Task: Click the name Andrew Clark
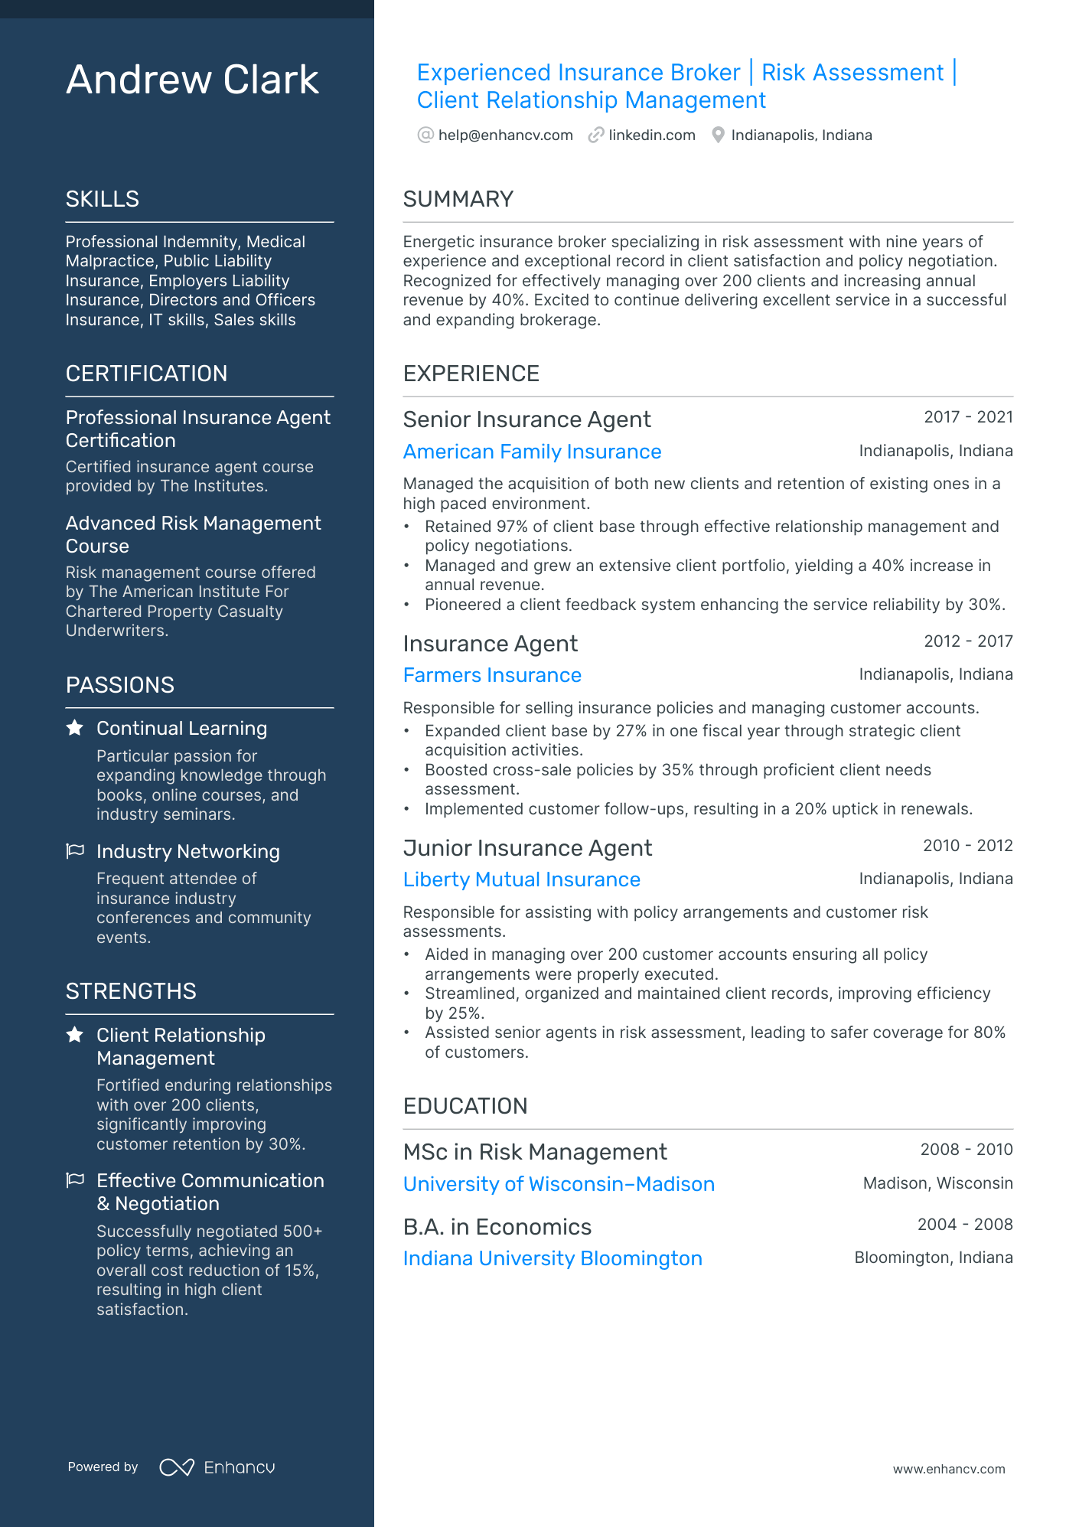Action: click(x=192, y=80)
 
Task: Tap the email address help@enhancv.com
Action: click(x=505, y=135)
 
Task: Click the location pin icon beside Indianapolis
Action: click(x=718, y=135)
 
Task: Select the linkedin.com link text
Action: click(x=651, y=135)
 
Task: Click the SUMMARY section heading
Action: click(x=458, y=199)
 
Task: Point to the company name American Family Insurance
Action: click(x=532, y=452)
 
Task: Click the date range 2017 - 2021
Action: click(x=968, y=417)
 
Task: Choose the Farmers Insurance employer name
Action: click(x=492, y=675)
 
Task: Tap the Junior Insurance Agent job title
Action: click(x=527, y=848)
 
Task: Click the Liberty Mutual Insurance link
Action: click(x=521, y=879)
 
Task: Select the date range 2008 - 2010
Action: click(x=966, y=1150)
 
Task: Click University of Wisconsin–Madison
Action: click(x=559, y=1184)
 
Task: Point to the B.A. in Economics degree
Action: click(x=497, y=1227)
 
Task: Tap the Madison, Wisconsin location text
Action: click(x=937, y=1183)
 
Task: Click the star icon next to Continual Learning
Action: click(x=75, y=728)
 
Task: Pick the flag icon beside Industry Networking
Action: click(x=75, y=851)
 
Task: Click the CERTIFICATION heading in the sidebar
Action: click(x=146, y=374)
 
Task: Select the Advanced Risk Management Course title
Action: click(x=193, y=534)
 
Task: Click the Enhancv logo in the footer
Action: click(x=217, y=1467)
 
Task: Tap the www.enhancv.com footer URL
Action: click(x=948, y=1470)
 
